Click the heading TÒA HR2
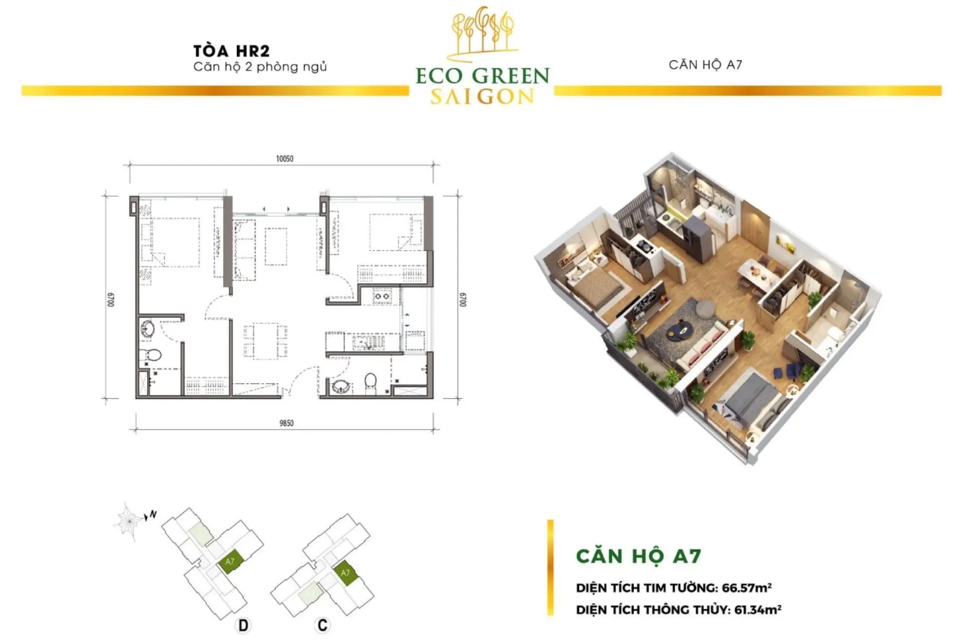pyautogui.click(x=231, y=51)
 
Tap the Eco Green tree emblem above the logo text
pyautogui.click(x=483, y=31)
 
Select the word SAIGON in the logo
pyautogui.click(x=483, y=96)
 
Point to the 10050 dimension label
pyautogui.click(x=285, y=159)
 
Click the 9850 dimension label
pyautogui.click(x=286, y=423)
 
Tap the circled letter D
pyautogui.click(x=243, y=625)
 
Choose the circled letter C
pyautogui.click(x=322, y=625)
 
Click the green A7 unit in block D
pyautogui.click(x=230, y=562)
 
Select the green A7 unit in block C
pyautogui.click(x=345, y=573)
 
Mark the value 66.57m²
pyautogui.click(x=747, y=587)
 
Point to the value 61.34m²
pyautogui.click(x=758, y=610)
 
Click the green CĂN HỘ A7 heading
pyautogui.click(x=639, y=556)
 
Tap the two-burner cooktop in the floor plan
pyautogui.click(x=382, y=296)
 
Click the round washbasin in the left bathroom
pyautogui.click(x=147, y=330)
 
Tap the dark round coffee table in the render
pyautogui.click(x=681, y=330)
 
